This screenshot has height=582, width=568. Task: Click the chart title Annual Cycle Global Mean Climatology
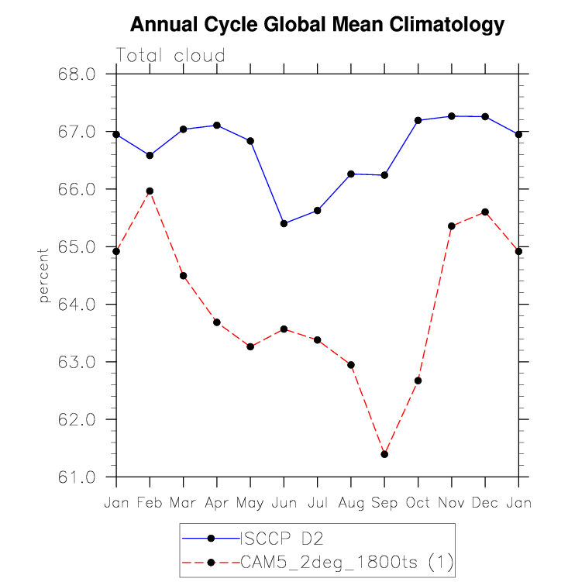pyautogui.click(x=317, y=25)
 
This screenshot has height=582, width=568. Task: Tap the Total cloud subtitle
pyautogui.click(x=170, y=56)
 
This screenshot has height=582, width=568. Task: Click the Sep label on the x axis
pyautogui.click(x=384, y=503)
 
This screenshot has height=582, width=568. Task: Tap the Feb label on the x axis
pyautogui.click(x=150, y=503)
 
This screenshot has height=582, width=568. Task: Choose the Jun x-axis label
pyautogui.click(x=284, y=503)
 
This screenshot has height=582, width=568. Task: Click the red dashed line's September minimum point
pyautogui.click(x=384, y=454)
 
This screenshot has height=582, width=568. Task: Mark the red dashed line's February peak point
pyautogui.click(x=150, y=191)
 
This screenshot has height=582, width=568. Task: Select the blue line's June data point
pyautogui.click(x=284, y=223)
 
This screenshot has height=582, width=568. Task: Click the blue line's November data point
pyautogui.click(x=451, y=116)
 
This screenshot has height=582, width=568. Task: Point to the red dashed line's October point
pyautogui.click(x=418, y=381)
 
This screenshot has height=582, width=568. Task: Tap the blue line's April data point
pyautogui.click(x=217, y=125)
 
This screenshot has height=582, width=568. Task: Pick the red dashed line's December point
pyautogui.click(x=485, y=212)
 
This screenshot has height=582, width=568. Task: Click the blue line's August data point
pyautogui.click(x=351, y=174)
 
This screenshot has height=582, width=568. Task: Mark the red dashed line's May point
pyautogui.click(x=250, y=346)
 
